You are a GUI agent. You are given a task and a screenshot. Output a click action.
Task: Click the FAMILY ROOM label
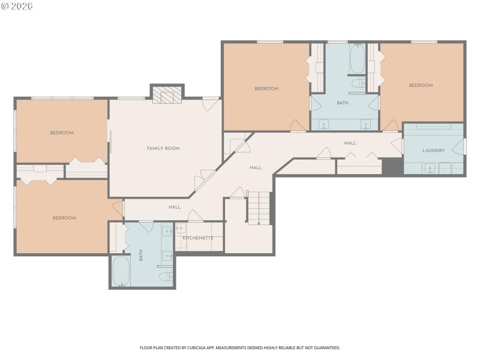point(163,148)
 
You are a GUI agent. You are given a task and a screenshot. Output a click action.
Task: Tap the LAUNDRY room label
point(433,151)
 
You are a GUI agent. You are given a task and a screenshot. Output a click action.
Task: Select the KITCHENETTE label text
point(198,238)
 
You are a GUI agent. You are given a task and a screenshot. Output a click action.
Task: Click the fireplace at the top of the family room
point(166,95)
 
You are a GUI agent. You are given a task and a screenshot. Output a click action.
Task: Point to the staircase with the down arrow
point(259,208)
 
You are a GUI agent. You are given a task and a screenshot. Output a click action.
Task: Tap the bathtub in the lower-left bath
point(121,271)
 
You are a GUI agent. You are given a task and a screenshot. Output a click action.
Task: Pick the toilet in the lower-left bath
point(166,276)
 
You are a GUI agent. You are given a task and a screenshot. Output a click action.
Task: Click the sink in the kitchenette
point(181,229)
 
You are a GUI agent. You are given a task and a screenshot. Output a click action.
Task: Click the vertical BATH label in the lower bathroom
point(142,256)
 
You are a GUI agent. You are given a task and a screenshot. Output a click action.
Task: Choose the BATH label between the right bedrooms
point(342,103)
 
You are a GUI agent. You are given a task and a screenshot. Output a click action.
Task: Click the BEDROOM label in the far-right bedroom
point(421,85)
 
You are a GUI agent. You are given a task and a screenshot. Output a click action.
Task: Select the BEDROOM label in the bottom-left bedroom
point(64,218)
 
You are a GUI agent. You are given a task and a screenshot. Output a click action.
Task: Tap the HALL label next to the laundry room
point(350,143)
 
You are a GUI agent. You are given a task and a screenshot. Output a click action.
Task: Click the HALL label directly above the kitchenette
point(175,207)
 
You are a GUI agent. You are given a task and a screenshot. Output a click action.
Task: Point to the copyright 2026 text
point(17,6)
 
